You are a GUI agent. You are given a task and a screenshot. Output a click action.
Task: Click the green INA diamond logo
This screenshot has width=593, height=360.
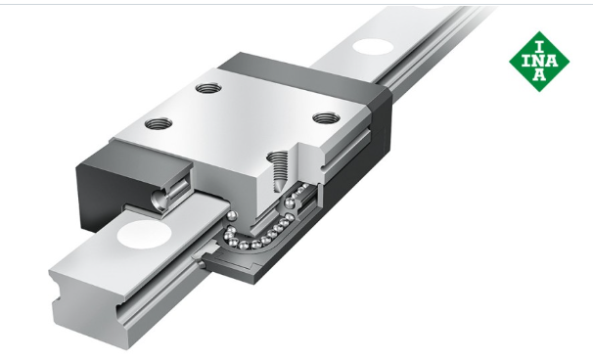pyautogui.click(x=539, y=62)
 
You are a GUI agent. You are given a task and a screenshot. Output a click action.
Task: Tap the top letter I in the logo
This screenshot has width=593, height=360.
pyautogui.click(x=540, y=47)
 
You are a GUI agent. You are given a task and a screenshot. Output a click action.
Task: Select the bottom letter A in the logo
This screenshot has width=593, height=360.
pyautogui.click(x=540, y=74)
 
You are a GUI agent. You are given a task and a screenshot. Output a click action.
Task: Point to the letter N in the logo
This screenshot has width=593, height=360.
pyautogui.click(x=540, y=61)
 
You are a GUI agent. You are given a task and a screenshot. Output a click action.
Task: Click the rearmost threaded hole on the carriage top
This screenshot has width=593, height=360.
pyautogui.click(x=208, y=88)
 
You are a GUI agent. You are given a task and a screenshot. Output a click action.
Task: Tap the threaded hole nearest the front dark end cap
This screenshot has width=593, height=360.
pyautogui.click(x=159, y=123)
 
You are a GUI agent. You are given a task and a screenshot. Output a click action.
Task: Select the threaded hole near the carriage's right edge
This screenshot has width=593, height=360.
pyautogui.click(x=326, y=118)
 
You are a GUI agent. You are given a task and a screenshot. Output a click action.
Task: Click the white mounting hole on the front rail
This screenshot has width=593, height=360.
pyautogui.click(x=144, y=235)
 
